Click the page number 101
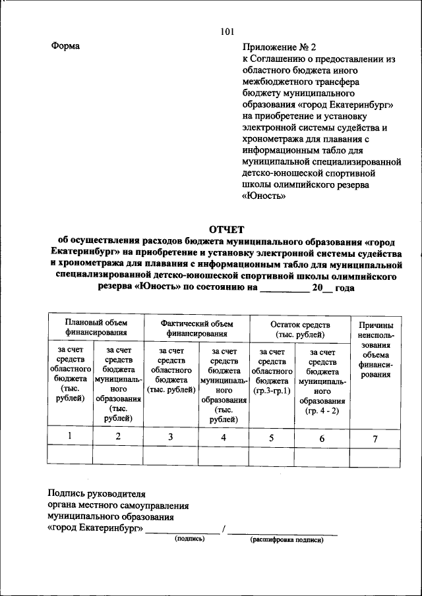(227, 32)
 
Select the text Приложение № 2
(279, 47)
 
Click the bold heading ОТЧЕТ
(227, 229)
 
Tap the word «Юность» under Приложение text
(264, 196)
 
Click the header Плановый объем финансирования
(96, 329)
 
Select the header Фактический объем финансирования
(198, 329)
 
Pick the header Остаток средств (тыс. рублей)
(300, 329)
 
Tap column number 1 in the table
(69, 435)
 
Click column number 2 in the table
(118, 436)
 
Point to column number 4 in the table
(224, 437)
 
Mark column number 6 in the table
(322, 438)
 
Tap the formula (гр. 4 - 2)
(322, 411)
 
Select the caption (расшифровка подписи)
(286, 539)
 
